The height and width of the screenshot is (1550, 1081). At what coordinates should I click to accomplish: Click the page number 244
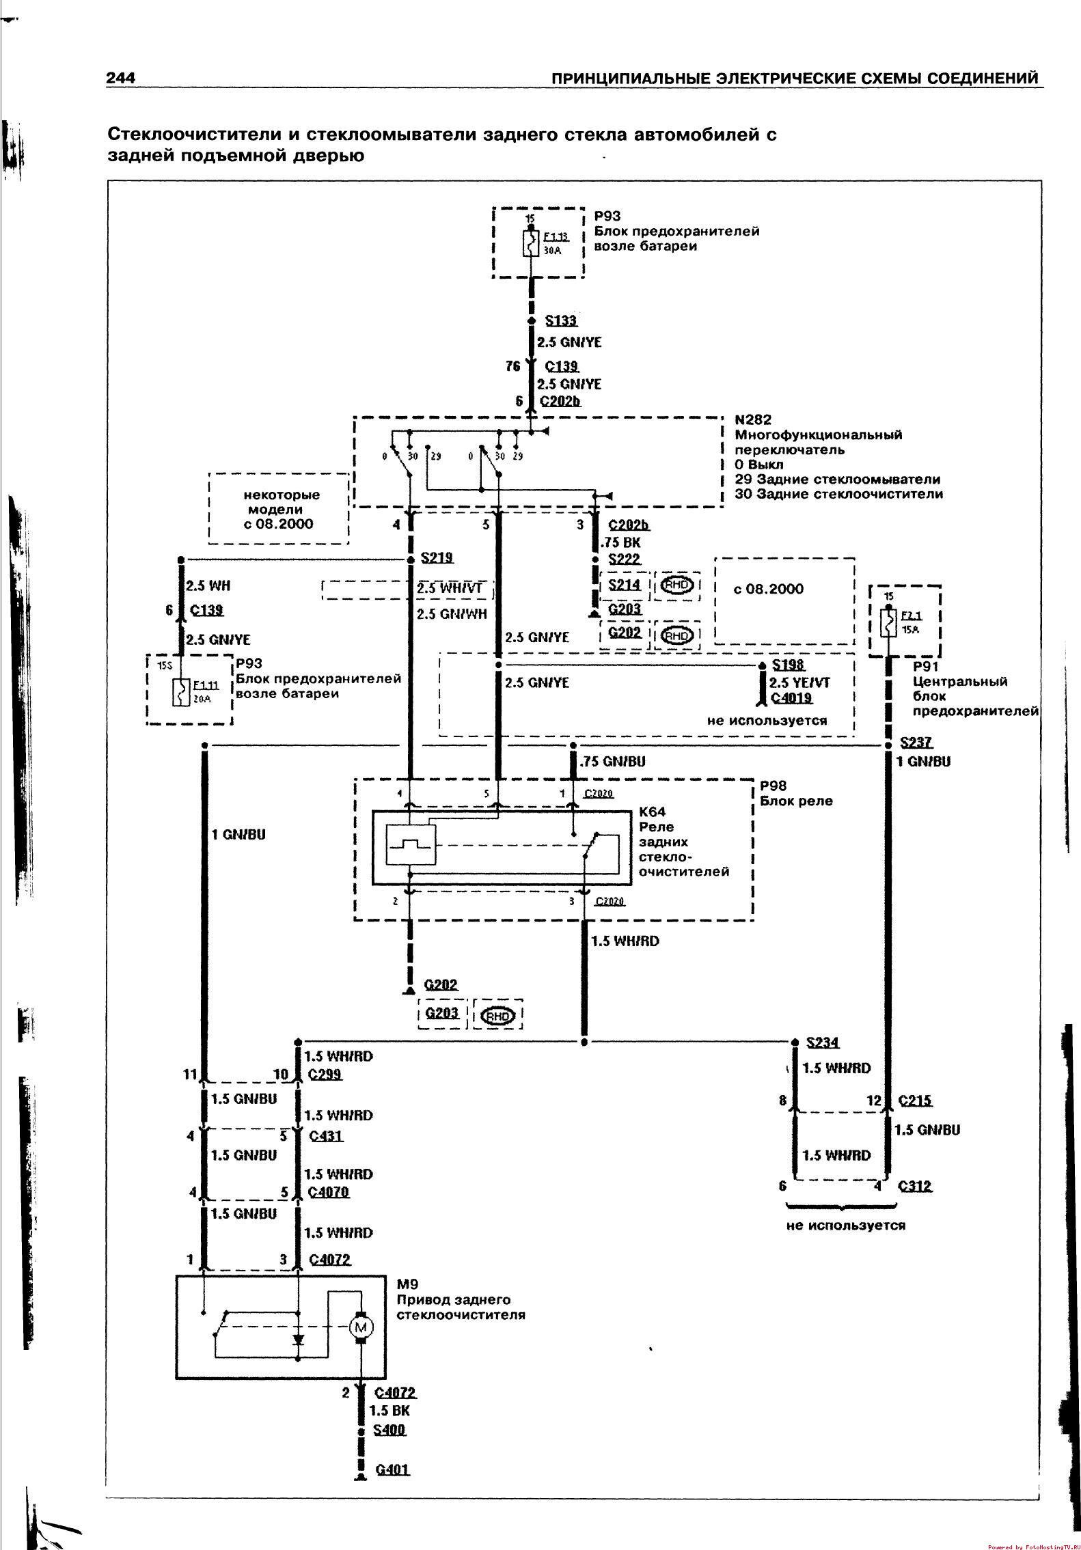[120, 78]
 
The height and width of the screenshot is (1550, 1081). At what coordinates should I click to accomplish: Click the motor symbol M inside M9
[360, 1327]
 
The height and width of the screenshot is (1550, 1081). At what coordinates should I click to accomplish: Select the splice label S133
[561, 321]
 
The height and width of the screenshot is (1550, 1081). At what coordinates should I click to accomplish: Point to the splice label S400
[389, 1430]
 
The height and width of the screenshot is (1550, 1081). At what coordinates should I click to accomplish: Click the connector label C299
[325, 1075]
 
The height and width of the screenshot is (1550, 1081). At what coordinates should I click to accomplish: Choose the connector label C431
[326, 1136]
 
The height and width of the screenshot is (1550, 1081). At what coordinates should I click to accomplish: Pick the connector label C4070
[329, 1192]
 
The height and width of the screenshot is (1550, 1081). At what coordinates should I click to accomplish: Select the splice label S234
[823, 1042]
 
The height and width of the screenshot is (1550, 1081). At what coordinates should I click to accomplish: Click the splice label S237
[916, 743]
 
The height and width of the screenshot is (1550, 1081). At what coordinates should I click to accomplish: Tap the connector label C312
[915, 1187]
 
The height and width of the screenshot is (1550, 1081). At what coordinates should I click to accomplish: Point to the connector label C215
[915, 1101]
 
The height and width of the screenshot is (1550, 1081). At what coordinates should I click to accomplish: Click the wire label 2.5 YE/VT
[799, 682]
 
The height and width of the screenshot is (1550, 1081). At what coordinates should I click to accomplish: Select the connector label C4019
[791, 698]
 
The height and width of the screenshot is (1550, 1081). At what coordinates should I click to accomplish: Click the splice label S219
[437, 558]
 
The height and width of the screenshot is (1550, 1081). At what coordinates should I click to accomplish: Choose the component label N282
[753, 420]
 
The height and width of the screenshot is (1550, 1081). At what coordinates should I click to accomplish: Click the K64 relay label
[652, 812]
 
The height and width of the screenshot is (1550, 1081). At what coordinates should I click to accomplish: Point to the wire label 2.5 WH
[208, 585]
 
